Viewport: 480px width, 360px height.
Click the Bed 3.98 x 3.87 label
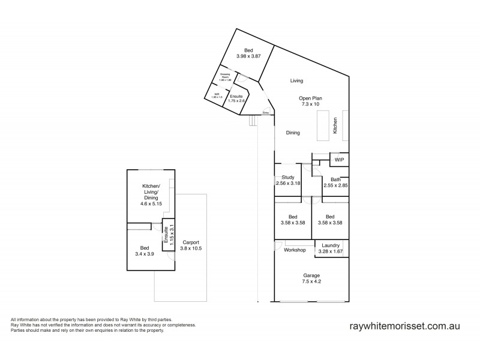click(x=248, y=53)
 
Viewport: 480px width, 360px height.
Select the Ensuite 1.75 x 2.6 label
click(x=236, y=98)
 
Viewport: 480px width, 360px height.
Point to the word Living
click(x=296, y=80)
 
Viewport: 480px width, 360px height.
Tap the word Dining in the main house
click(x=293, y=133)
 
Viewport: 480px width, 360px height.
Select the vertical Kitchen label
click(x=335, y=125)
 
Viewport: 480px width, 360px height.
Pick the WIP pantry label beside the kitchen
click(x=339, y=160)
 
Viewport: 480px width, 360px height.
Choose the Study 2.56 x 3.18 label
click(x=287, y=180)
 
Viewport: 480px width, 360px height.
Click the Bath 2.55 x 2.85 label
click(x=335, y=182)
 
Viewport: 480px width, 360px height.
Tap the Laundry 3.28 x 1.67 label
click(x=331, y=248)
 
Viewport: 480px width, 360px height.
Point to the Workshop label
click(x=295, y=250)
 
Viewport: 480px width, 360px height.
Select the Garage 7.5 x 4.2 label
click(x=311, y=278)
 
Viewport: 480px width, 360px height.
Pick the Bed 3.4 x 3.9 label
click(x=145, y=250)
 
